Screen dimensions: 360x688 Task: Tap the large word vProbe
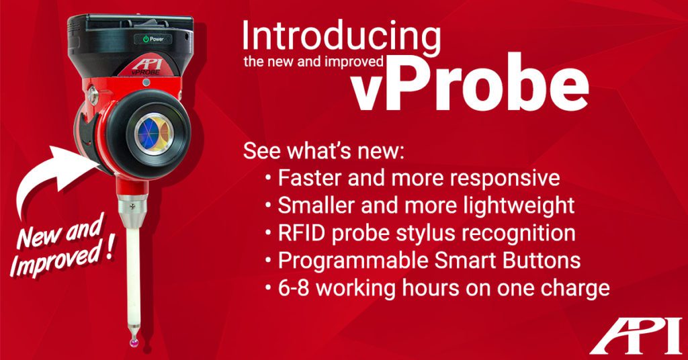pos(470,87)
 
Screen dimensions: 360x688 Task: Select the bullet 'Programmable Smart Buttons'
pos(429,261)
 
